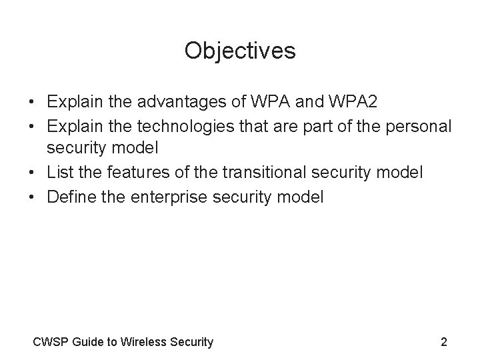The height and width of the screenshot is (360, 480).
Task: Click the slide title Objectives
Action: click(x=240, y=51)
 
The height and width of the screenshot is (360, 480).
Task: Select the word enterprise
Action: click(x=165, y=197)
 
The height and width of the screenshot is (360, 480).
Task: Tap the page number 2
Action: click(x=444, y=343)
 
